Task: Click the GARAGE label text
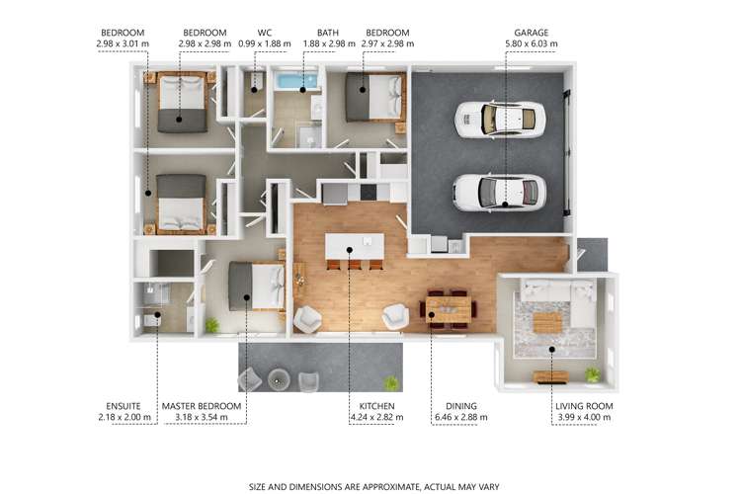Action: tap(532, 33)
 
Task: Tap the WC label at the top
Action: tap(265, 33)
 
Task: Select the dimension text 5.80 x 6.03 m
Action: tap(532, 43)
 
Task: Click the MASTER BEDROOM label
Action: tap(202, 406)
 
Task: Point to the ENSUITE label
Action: tap(123, 406)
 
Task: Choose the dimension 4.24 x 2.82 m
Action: tap(376, 417)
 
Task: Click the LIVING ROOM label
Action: tap(584, 406)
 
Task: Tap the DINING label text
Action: tap(461, 406)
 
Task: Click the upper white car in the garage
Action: tap(500, 120)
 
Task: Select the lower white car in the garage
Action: tap(500, 193)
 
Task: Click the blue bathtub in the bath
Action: tap(297, 80)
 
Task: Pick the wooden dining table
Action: tap(448, 309)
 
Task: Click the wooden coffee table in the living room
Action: tap(547, 322)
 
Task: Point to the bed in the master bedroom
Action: tap(257, 287)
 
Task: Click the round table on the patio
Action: tap(279, 379)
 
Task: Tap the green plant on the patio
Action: tap(391, 383)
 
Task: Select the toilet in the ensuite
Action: tap(152, 320)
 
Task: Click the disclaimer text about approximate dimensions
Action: tap(373, 487)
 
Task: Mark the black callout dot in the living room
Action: tap(551, 350)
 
